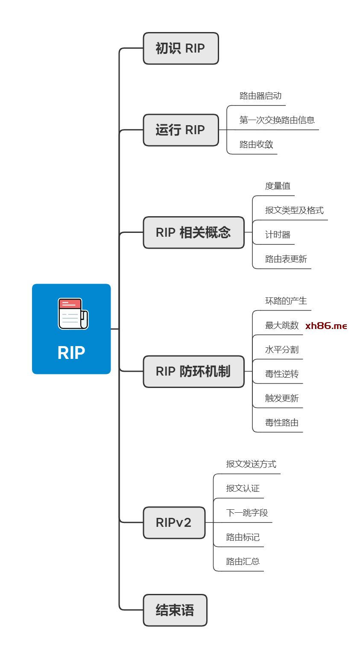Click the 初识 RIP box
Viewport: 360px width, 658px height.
click(x=181, y=48)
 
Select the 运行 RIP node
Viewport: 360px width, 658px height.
click(x=181, y=130)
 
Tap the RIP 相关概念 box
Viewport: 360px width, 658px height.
click(x=193, y=232)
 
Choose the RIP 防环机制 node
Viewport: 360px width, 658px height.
click(x=193, y=371)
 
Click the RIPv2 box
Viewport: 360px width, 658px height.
click(x=174, y=523)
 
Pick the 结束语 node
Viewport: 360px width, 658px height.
click(x=175, y=610)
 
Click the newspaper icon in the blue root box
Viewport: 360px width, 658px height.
click(x=73, y=314)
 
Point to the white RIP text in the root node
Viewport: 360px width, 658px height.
click(x=71, y=352)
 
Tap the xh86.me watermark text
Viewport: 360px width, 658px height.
click(x=326, y=326)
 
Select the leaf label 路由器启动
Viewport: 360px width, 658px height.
click(x=260, y=96)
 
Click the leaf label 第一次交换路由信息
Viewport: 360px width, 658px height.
click(x=277, y=120)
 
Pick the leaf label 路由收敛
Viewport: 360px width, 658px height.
click(x=256, y=144)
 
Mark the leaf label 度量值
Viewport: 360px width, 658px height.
click(x=278, y=186)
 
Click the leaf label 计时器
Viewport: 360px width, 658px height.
click(x=278, y=235)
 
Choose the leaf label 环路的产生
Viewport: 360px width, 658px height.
click(x=286, y=301)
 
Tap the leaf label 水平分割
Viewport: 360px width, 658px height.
click(x=282, y=350)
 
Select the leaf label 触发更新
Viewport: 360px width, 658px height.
click(x=282, y=398)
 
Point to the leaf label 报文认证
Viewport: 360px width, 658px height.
click(x=243, y=488)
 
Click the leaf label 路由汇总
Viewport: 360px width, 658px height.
click(x=243, y=561)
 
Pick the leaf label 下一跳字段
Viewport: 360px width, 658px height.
click(x=247, y=513)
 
